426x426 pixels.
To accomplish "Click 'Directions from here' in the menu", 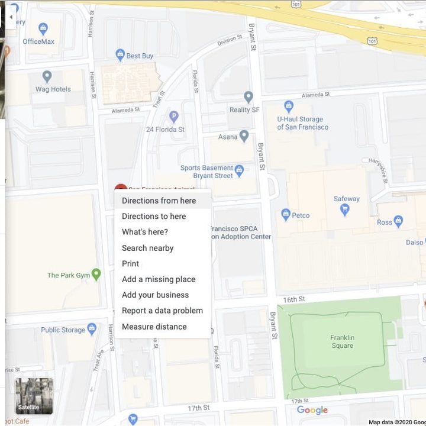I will coord(159,201).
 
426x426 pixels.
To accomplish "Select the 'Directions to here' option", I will coord(154,217).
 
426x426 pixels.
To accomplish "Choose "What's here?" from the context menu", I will coord(145,232).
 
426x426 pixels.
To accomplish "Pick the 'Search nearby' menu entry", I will coord(147,248).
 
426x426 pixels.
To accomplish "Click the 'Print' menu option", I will coord(131,264).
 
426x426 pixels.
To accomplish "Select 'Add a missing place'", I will coord(159,279).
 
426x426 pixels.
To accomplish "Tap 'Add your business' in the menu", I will coord(155,295).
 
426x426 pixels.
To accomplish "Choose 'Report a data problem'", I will coord(162,311).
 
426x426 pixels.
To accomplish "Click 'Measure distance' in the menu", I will coord(154,327).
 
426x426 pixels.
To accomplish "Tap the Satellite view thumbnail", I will coord(34,396).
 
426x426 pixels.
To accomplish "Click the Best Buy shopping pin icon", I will coord(120,55).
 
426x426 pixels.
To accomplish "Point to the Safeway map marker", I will coord(345,209).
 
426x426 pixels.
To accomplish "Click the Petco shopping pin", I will coord(286,215).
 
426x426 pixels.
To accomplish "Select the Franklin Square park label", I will coord(342,342).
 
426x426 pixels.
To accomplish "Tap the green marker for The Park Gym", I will coord(96,275).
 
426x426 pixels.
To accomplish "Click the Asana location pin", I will coord(244,136).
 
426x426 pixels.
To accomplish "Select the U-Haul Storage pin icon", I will coord(289,106).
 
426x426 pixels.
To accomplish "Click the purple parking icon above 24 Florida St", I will coord(173,117).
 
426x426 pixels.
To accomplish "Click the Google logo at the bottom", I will coord(312,410).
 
